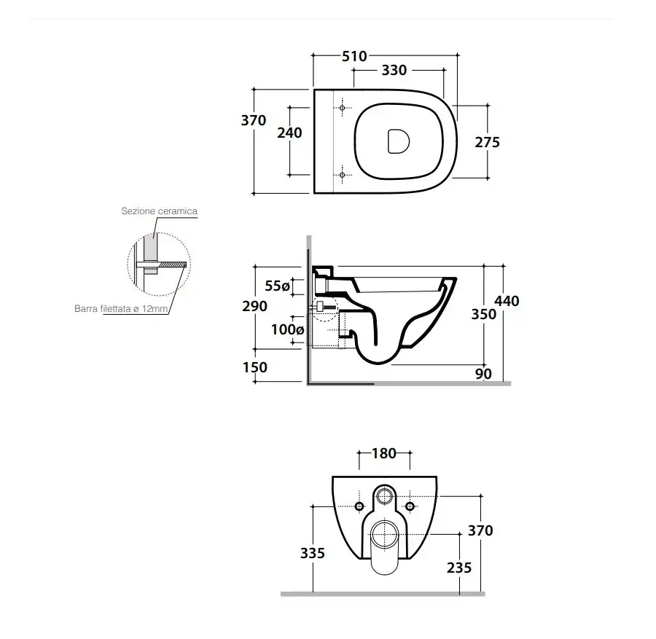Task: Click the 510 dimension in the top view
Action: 354,56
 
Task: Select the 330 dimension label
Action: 394,70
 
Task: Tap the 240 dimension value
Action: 289,133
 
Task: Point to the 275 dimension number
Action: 488,143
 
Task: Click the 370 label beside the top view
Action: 254,120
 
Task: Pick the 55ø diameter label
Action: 278,286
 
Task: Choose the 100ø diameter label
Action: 287,329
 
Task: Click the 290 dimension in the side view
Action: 255,306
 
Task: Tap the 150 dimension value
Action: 255,367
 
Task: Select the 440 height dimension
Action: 507,301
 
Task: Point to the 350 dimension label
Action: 484,314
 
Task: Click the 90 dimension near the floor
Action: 483,374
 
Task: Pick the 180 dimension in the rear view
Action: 384,453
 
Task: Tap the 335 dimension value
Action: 313,553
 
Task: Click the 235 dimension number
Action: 459,568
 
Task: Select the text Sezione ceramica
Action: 160,211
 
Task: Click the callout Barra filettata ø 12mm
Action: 121,309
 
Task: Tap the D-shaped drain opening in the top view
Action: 398,141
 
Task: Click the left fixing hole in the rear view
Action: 359,506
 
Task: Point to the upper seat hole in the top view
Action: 343,108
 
